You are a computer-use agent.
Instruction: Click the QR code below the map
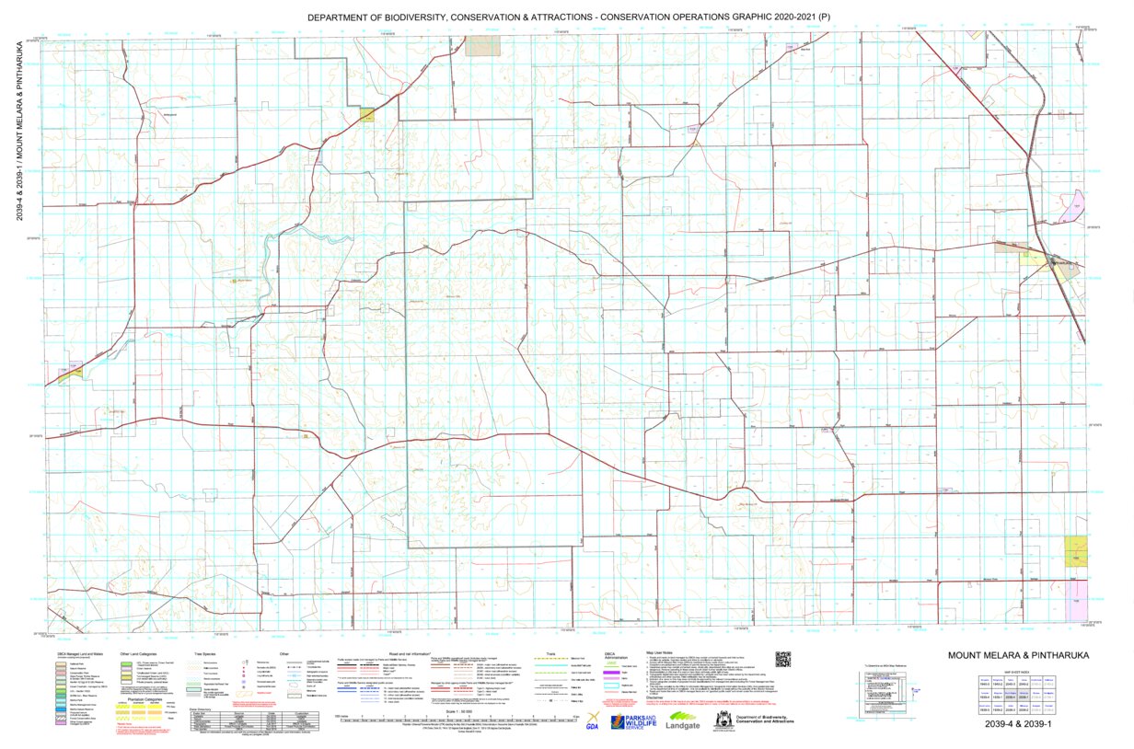(x=782, y=659)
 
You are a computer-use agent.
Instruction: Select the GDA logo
(x=593, y=721)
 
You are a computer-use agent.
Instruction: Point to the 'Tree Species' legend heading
(x=203, y=652)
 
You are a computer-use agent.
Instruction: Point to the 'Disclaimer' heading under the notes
(x=660, y=697)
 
